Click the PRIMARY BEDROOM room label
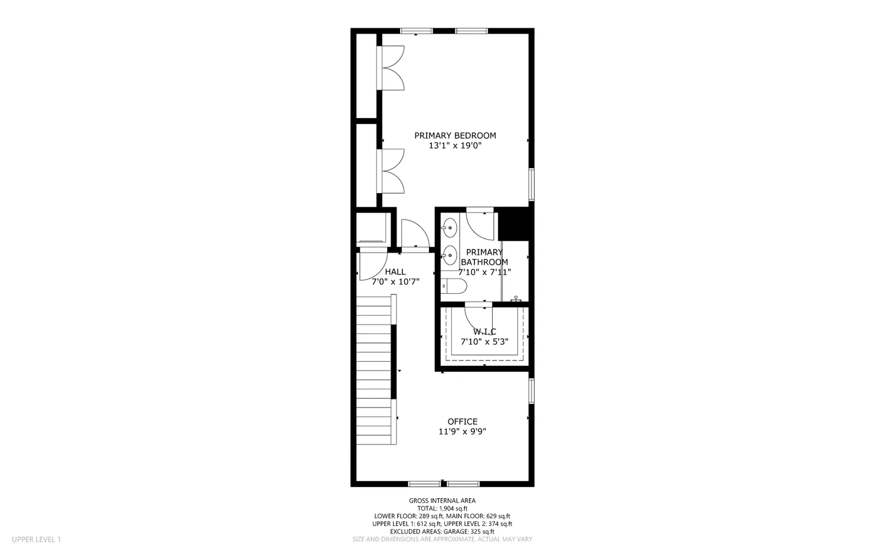[x=455, y=135]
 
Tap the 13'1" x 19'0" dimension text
[x=455, y=145]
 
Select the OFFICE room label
[x=462, y=421]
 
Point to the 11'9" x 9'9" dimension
[x=462, y=431]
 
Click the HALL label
[x=395, y=271]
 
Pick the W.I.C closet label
[x=484, y=332]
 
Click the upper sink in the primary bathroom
[x=450, y=227]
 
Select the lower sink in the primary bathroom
[x=450, y=255]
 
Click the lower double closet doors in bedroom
[x=392, y=171]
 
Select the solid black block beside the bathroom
[x=513, y=224]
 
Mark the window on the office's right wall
[x=531, y=391]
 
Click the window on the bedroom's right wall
[x=531, y=184]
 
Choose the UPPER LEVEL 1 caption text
[x=36, y=539]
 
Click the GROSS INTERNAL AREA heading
[x=442, y=500]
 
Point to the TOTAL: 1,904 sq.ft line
[x=442, y=508]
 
